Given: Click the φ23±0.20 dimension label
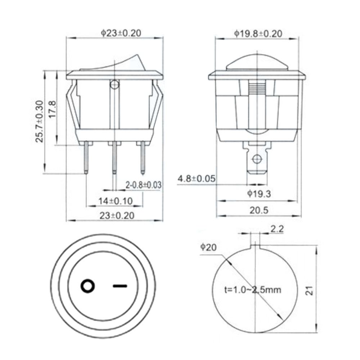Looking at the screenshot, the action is [x=121, y=33].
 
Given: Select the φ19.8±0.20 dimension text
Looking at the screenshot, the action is [x=258, y=34].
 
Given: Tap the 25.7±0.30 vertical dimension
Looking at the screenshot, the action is [x=40, y=121].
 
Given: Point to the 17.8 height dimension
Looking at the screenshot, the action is [x=52, y=109].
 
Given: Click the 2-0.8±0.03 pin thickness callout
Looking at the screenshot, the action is [x=143, y=185].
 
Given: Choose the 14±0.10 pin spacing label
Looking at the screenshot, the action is [x=116, y=201].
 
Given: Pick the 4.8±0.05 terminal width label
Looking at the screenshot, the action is [x=197, y=179].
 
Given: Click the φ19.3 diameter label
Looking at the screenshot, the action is [x=259, y=194].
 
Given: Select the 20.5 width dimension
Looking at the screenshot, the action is [x=259, y=210].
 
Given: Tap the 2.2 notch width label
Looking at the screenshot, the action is [x=277, y=229].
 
